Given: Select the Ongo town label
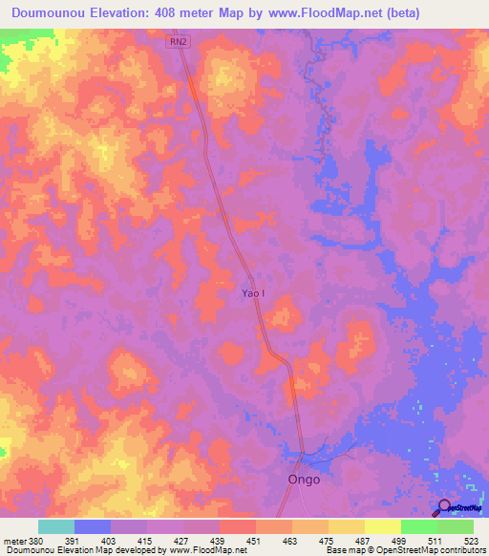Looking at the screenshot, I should [304, 480].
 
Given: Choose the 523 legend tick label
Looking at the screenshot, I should [474, 541].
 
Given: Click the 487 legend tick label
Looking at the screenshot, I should [365, 541].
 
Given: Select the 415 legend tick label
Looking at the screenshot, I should [146, 541].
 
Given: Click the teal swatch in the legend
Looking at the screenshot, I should [56, 526].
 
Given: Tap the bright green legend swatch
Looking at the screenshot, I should [419, 526].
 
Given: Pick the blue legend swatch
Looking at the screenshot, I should [93, 526].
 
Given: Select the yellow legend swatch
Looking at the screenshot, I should [383, 526].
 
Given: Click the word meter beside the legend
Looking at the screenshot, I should [13, 541].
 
